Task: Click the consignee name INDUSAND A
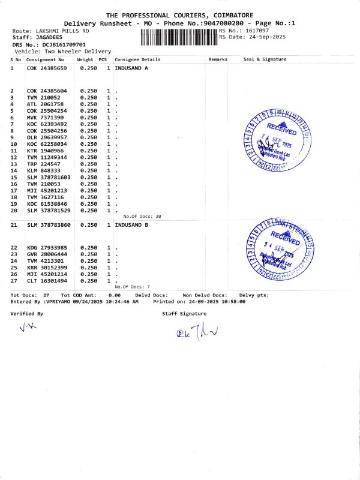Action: (131, 68)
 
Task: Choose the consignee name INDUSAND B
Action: (131, 225)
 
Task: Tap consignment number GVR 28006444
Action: (47, 254)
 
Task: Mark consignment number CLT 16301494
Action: (47, 281)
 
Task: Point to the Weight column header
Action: (85, 59)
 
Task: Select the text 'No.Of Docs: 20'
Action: (142, 216)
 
